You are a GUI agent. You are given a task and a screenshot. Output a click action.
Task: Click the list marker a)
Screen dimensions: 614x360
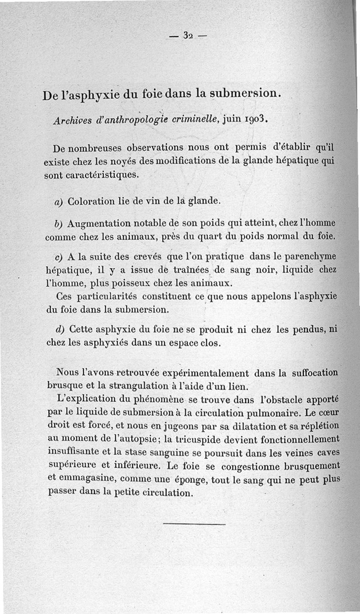[59, 202]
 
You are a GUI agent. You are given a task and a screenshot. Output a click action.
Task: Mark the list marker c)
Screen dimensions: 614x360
[58, 258]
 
